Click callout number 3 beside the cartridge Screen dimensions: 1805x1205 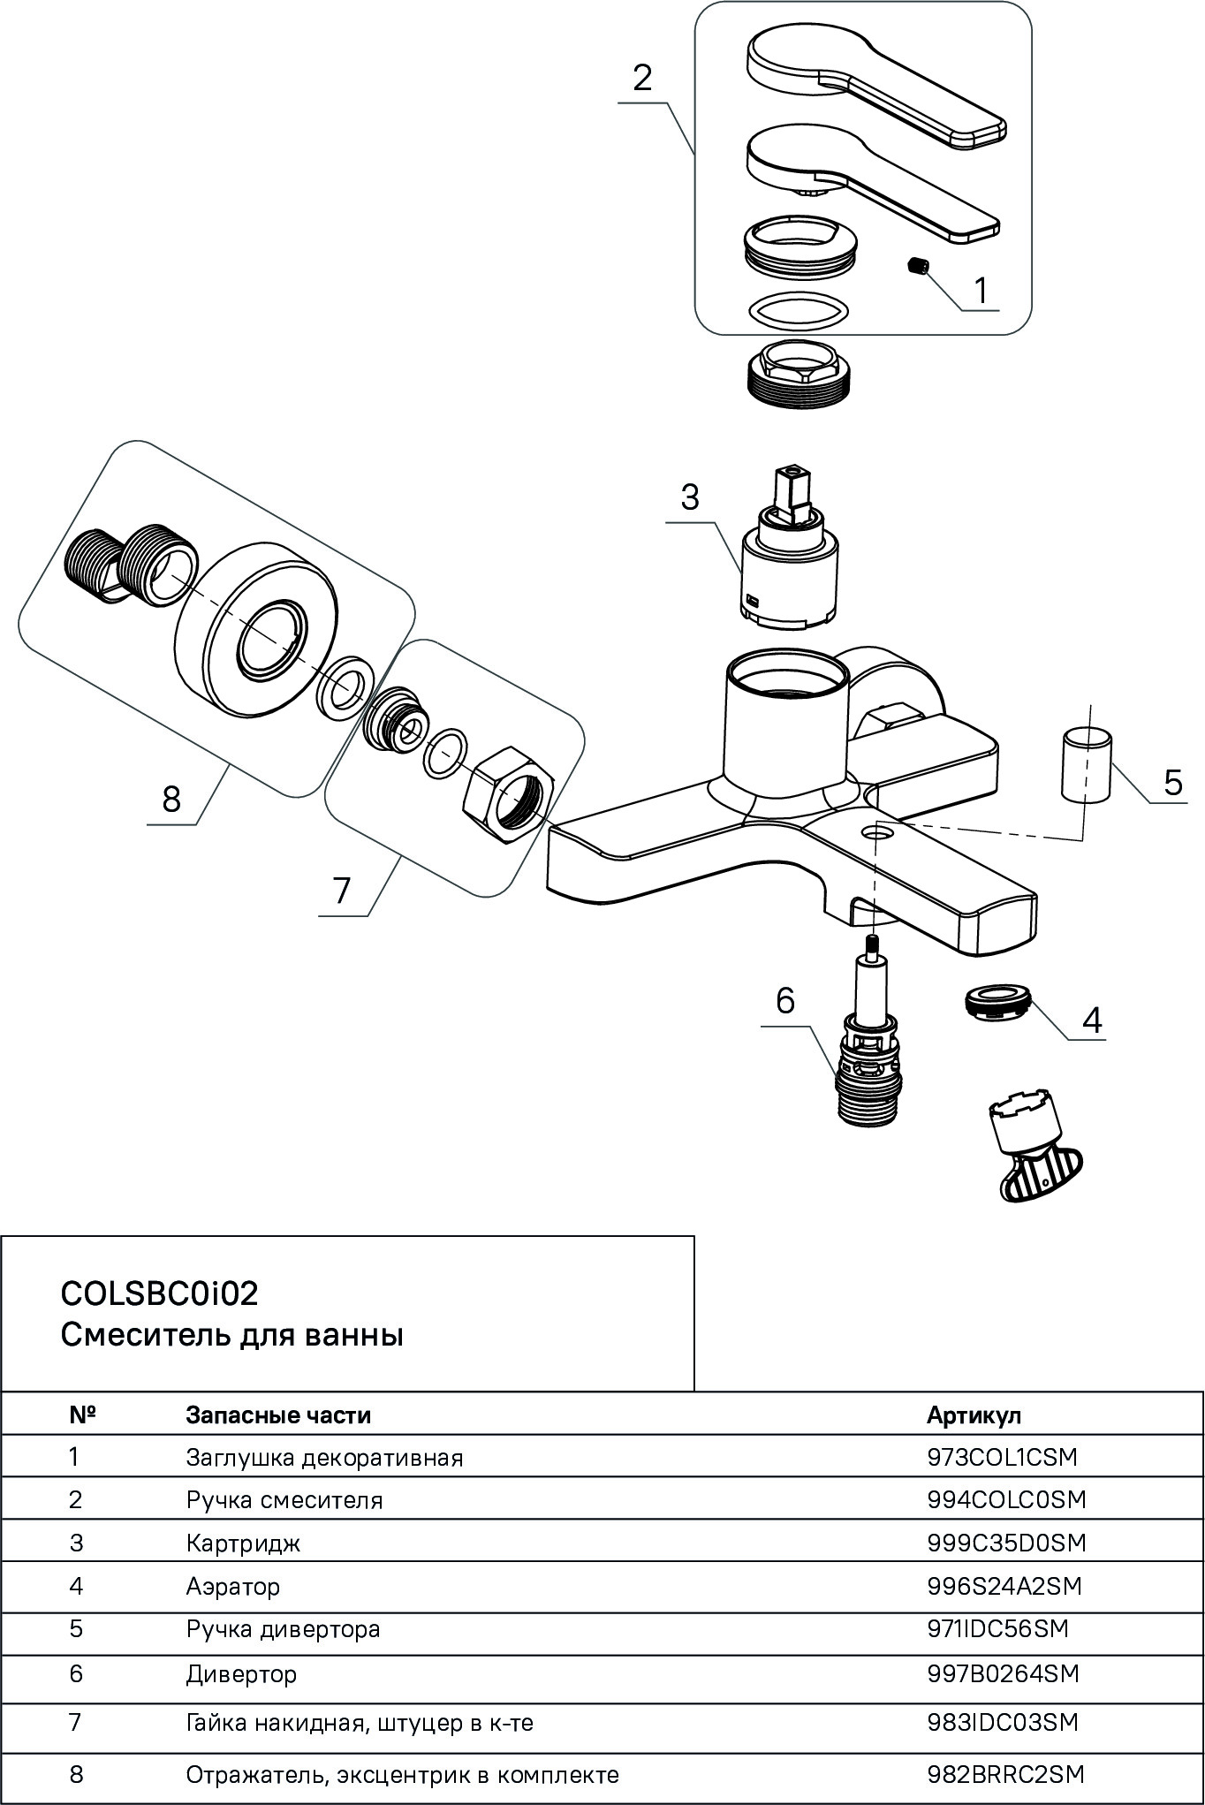click(x=690, y=497)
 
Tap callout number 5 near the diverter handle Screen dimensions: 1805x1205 click(x=1172, y=782)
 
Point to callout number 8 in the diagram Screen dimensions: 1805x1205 click(x=171, y=800)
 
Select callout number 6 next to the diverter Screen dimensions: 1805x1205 click(x=785, y=1001)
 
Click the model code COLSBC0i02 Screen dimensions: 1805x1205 click(x=160, y=1294)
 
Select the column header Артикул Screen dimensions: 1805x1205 click(x=974, y=1414)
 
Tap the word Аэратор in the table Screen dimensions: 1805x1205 click(x=233, y=1586)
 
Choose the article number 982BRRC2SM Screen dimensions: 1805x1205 click(x=1005, y=1773)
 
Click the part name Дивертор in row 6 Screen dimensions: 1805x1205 click(x=241, y=1673)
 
